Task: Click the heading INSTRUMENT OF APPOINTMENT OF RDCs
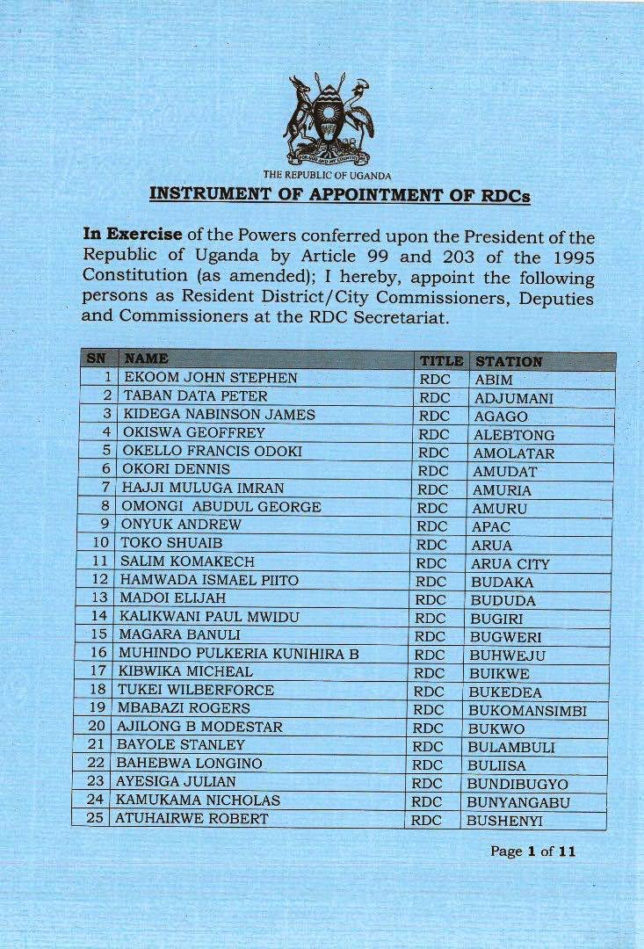[x=339, y=193]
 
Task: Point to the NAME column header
[x=146, y=359]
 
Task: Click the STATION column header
[x=507, y=361]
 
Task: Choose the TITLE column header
[x=441, y=360]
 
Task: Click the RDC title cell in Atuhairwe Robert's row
[x=426, y=820]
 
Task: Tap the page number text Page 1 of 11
[x=533, y=851]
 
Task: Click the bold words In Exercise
[x=133, y=235]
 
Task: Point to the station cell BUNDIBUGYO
[x=517, y=783]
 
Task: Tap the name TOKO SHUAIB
[x=162, y=543]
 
